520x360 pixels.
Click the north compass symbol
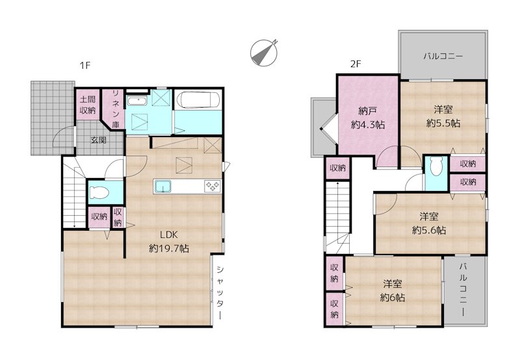tap(264, 53)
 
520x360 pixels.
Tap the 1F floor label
tap(85, 65)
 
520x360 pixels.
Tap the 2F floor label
tap(356, 64)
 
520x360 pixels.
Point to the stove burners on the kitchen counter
tap(213, 186)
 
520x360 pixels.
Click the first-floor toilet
tap(99, 192)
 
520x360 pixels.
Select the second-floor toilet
tap(436, 166)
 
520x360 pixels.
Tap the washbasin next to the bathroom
tap(136, 101)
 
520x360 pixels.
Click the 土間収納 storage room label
tap(88, 105)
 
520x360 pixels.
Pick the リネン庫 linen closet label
tap(116, 109)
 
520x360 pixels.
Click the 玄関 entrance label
tap(99, 140)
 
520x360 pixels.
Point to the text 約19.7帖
tap(169, 248)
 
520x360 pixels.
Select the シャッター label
tap(220, 292)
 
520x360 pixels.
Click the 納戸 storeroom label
tap(368, 110)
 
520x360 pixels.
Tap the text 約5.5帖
tap(443, 123)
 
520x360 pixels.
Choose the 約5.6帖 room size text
tap(429, 230)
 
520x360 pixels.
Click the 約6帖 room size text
tap(393, 298)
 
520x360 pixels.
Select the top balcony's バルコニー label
tap(443, 57)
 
